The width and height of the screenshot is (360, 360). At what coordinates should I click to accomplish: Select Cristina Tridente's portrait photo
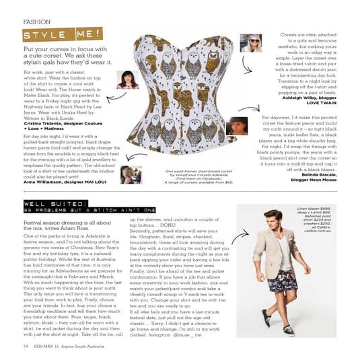[x=128, y=83]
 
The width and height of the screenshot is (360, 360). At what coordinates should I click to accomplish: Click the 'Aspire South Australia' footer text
[x=88, y=346]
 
